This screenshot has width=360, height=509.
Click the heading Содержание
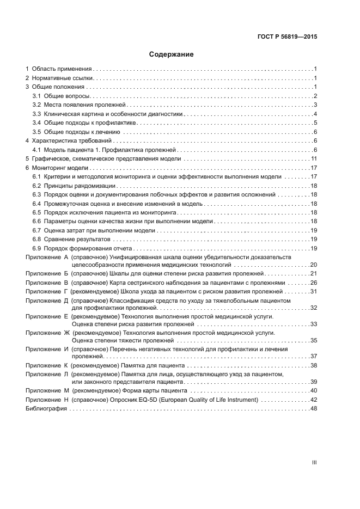pyautogui.click(x=171, y=54)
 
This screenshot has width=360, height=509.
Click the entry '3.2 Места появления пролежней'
pyautogui.click(x=78, y=105)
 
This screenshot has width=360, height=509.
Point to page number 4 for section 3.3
pyautogui.click(x=315, y=114)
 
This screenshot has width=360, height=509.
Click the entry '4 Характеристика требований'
pyautogui.click(x=69, y=141)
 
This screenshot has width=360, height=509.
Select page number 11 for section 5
pyautogui.click(x=314, y=158)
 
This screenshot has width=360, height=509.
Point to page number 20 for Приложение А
pyautogui.click(x=313, y=264)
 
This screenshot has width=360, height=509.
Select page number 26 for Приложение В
pyautogui.click(x=313, y=283)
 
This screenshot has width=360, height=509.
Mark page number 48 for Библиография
pyautogui.click(x=313, y=408)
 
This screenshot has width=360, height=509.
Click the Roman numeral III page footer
pyautogui.click(x=314, y=462)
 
